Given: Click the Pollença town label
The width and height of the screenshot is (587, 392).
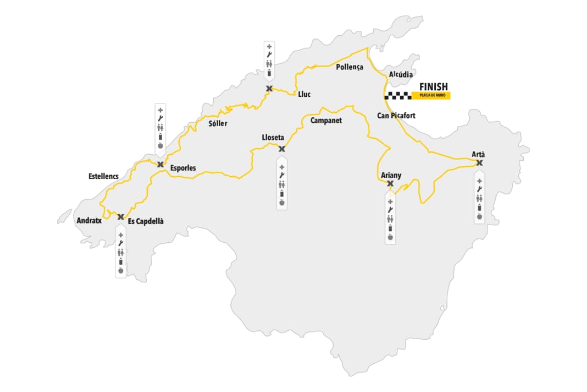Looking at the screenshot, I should (x=350, y=67).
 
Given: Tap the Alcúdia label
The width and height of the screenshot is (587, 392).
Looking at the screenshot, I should (x=401, y=73).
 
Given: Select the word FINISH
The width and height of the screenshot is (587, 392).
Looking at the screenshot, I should (x=433, y=86).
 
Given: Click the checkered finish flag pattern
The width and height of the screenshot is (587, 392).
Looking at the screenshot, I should (x=398, y=96).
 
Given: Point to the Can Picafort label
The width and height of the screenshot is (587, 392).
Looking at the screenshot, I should (x=396, y=116).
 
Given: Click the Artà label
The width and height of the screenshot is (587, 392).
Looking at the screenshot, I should (x=479, y=154).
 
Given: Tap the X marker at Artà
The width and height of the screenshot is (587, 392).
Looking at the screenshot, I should (x=479, y=162).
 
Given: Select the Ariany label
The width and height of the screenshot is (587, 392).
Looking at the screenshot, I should (x=391, y=176).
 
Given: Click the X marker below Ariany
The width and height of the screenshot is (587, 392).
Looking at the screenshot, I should (x=390, y=183).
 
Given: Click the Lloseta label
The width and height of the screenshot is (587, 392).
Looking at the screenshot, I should (x=273, y=138).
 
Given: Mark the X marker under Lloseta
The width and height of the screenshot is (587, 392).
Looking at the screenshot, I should (x=281, y=149).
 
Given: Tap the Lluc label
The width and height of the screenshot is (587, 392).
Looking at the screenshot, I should (x=304, y=94).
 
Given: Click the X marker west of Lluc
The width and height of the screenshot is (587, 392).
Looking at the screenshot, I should (x=269, y=89).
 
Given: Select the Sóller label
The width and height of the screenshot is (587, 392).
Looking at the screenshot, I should (x=218, y=123).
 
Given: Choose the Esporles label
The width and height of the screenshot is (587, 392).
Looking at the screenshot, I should (x=183, y=168).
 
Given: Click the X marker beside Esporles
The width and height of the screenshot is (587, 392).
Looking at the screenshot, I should (x=160, y=164).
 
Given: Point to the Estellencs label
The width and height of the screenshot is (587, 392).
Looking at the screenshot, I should (x=103, y=176).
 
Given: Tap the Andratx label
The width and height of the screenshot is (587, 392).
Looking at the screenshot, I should (x=89, y=220).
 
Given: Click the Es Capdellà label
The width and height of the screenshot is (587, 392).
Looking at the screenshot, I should (x=146, y=221).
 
